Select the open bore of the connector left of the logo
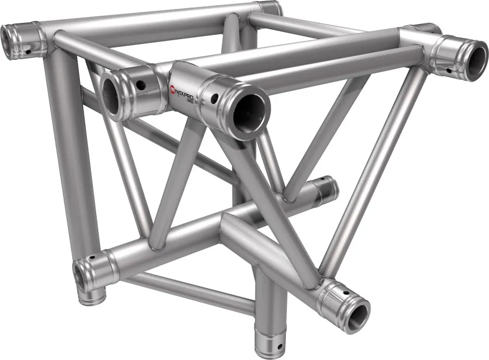pos(111,93)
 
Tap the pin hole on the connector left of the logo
pos(141,85)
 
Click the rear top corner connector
pos(269,8)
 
